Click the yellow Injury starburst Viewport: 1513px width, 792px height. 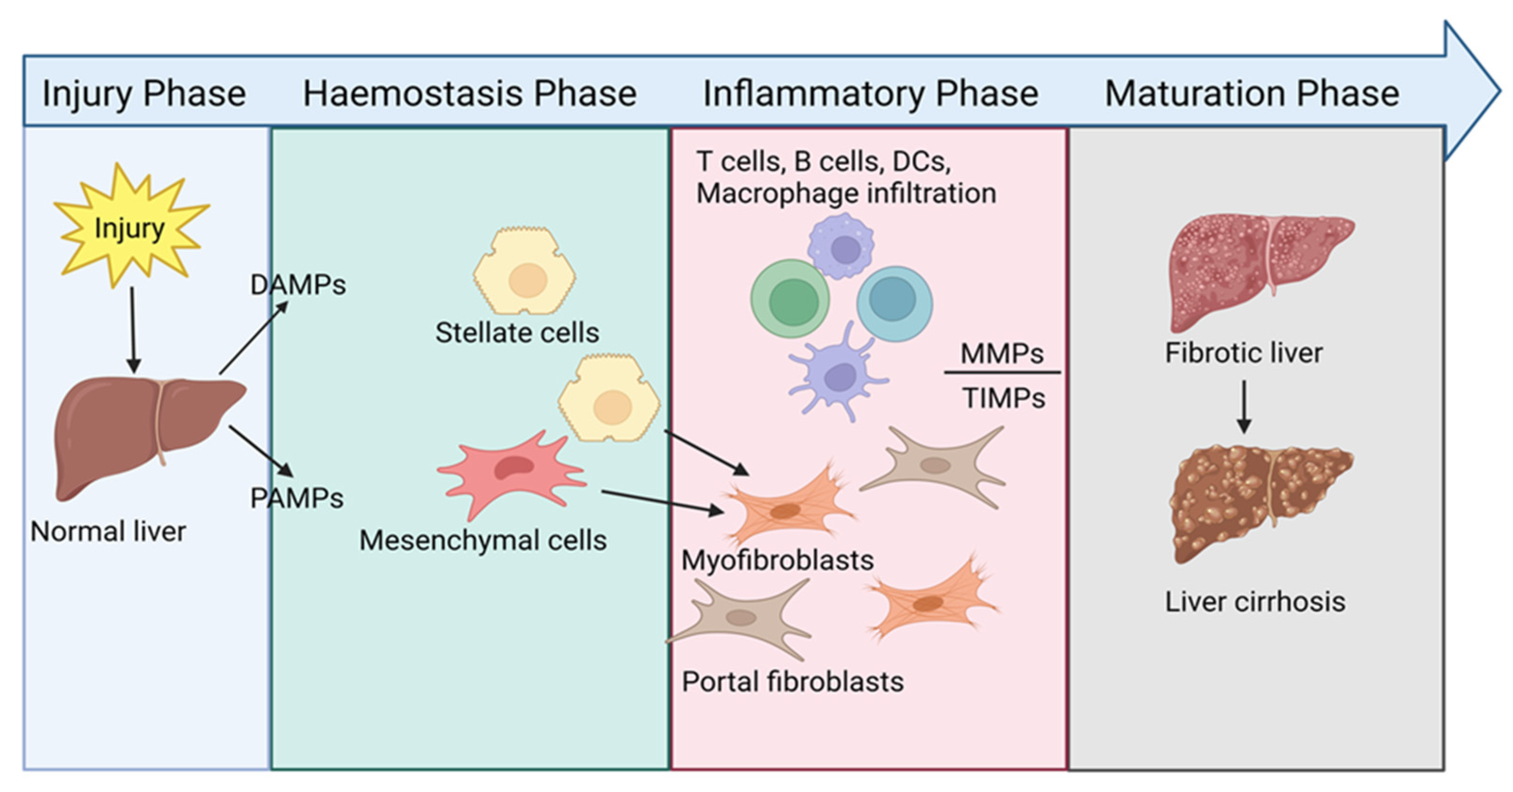(x=130, y=227)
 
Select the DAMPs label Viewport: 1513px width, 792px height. (x=298, y=285)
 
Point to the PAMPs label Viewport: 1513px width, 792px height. (x=297, y=498)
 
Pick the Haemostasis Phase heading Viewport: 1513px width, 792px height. (x=469, y=93)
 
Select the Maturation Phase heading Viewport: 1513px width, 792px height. (x=1252, y=93)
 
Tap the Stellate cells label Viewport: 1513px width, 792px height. (x=517, y=333)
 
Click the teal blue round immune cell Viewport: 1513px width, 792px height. (x=894, y=303)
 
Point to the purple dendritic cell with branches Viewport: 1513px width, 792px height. (x=839, y=376)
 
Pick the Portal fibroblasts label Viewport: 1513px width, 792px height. (x=792, y=682)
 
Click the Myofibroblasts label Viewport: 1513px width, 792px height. (x=777, y=561)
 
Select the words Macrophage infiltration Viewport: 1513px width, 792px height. (x=846, y=193)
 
